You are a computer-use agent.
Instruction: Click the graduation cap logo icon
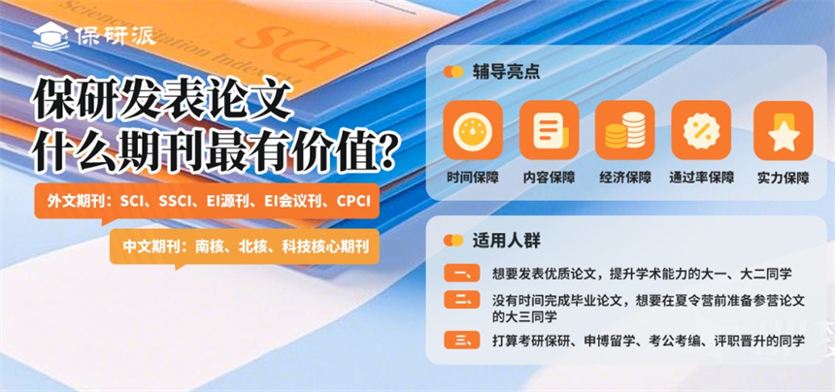click(x=50, y=37)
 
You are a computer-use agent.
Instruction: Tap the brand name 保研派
click(x=115, y=36)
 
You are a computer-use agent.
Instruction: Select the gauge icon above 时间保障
click(x=473, y=130)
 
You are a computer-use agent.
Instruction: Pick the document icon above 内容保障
click(x=549, y=130)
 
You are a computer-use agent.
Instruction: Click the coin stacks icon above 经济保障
click(x=625, y=130)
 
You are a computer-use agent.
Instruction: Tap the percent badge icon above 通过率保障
click(x=701, y=130)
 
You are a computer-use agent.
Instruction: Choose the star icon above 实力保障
click(x=784, y=130)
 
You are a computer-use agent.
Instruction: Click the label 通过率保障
click(x=701, y=178)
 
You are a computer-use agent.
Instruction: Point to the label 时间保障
click(x=473, y=178)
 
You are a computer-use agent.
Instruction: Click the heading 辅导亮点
click(x=506, y=72)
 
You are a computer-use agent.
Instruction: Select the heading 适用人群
click(x=506, y=241)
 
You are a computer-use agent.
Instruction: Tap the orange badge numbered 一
click(x=462, y=274)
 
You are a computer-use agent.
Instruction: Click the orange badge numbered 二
click(x=462, y=300)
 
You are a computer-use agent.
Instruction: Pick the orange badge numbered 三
click(x=462, y=340)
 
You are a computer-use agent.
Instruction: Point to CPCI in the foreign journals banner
click(x=353, y=202)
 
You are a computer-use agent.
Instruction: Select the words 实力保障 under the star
click(x=784, y=178)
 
